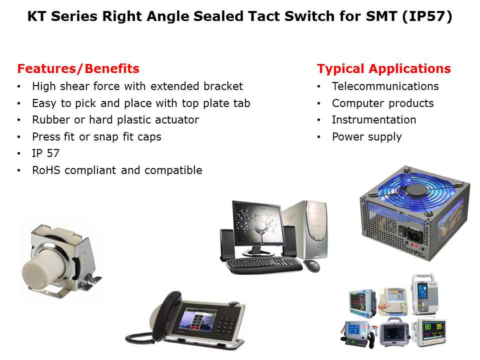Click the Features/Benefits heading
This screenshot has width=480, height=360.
pos(78,68)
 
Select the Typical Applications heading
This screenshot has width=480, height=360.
pos(384,69)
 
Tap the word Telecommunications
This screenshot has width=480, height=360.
pos(385,86)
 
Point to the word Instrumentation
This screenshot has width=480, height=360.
pos(374,119)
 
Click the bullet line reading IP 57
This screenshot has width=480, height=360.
pos(45,153)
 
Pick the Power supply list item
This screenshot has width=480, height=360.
pos(366,137)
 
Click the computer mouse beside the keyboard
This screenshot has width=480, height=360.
pos(311,265)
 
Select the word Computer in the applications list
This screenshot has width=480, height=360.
pos(357,103)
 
